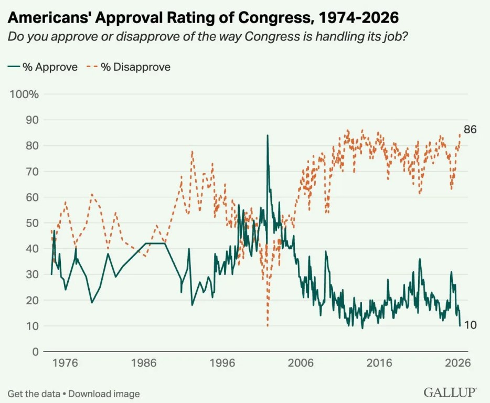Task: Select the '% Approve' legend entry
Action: point(44,67)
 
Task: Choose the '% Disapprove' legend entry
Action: point(129,67)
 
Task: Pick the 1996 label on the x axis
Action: point(223,363)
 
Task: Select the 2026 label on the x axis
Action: point(458,363)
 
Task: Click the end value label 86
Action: point(470,130)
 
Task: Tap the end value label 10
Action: point(471,325)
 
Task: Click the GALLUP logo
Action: point(450,393)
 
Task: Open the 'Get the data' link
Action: point(34,393)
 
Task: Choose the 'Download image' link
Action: point(104,393)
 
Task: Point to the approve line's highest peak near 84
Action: point(268,136)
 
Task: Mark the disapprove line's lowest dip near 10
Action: point(268,325)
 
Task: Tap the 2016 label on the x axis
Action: point(379,363)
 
